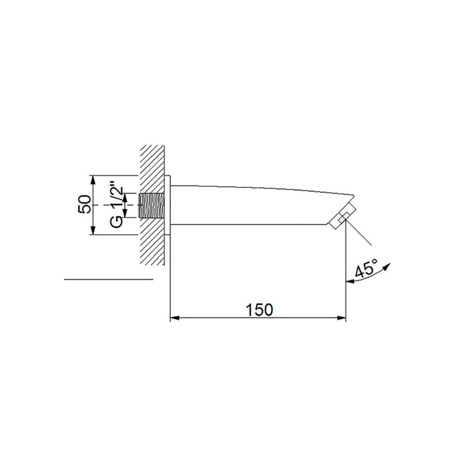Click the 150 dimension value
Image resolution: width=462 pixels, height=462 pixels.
tap(259, 310)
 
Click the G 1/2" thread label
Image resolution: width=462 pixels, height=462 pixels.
tap(117, 206)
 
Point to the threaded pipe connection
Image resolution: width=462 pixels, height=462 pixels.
tap(152, 205)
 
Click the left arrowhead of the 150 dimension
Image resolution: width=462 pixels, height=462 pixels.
tap(174, 318)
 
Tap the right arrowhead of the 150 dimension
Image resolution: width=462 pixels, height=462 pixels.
tap(341, 318)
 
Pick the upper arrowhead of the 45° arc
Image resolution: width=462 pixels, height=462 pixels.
tap(387, 266)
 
